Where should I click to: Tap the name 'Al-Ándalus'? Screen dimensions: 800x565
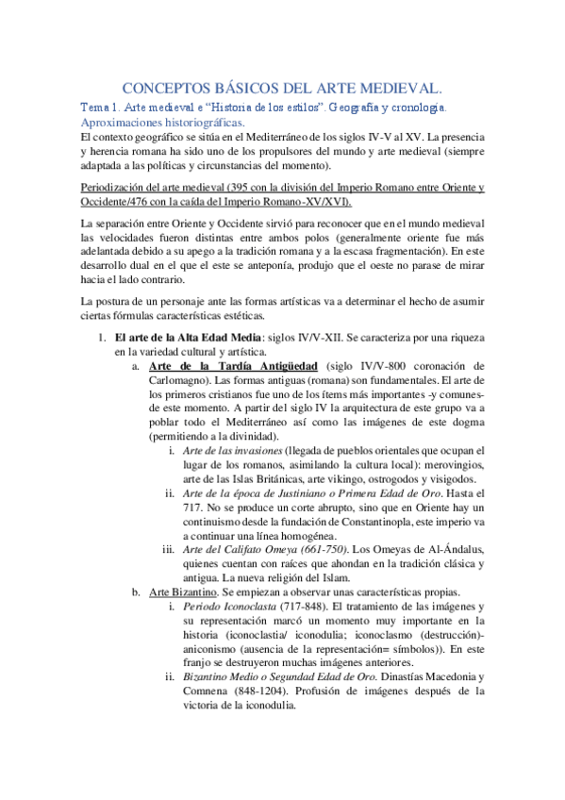point(457,549)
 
